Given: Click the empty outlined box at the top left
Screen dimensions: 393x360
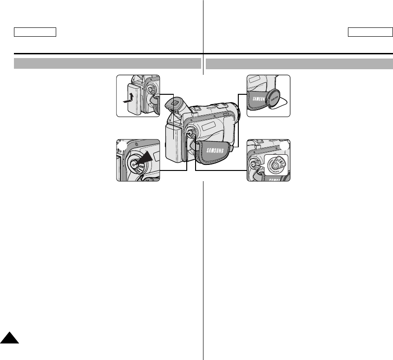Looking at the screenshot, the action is pos(35,32).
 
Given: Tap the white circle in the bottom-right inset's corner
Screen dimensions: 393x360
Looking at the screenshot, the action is pos(284,146).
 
